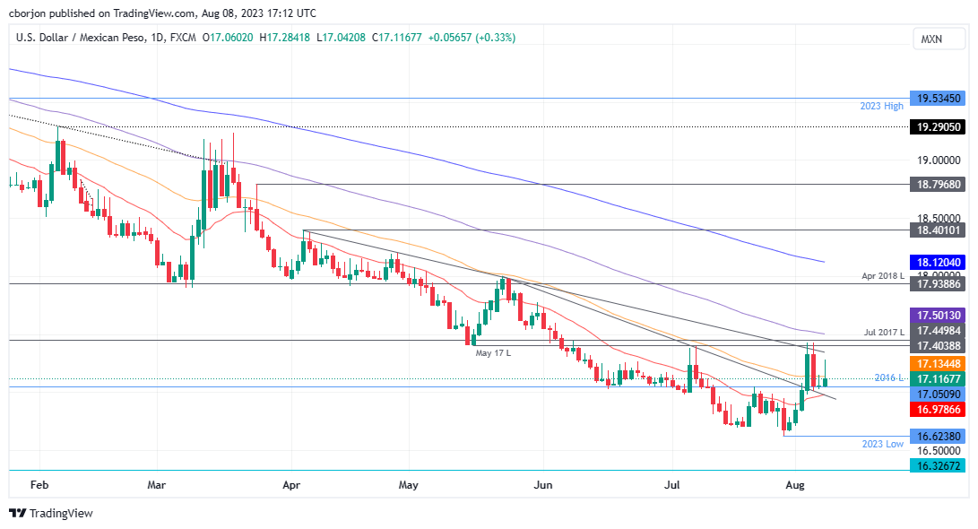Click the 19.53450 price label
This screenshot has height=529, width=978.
(937, 99)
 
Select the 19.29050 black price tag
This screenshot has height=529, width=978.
(937, 127)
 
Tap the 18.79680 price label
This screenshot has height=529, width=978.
(937, 185)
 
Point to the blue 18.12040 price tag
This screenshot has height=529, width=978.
(937, 262)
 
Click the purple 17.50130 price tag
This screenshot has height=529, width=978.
(937, 316)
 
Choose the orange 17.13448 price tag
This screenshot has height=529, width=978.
(937, 363)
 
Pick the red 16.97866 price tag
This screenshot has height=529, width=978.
(937, 410)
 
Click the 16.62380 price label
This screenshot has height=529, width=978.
(937, 437)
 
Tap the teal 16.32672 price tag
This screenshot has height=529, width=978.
(937, 466)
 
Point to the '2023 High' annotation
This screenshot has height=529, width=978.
(880, 106)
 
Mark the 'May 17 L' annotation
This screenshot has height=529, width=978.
(493, 352)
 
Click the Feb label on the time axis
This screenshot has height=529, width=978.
(39, 485)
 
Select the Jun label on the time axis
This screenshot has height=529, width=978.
(542, 485)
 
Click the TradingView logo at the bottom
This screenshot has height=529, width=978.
(51, 514)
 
